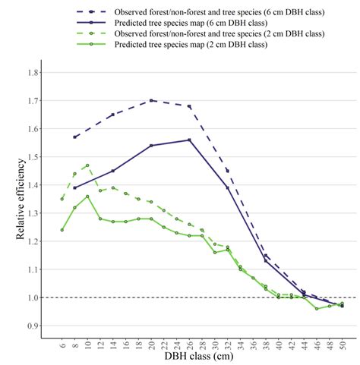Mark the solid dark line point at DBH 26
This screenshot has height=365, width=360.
[189, 140]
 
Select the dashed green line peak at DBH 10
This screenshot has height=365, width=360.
[87, 165]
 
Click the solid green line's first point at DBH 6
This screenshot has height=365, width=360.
[62, 230]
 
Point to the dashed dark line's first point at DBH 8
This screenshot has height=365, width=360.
[75, 137]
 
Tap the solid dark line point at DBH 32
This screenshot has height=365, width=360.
[227, 187]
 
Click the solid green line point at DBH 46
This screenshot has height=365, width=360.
[317, 308]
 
